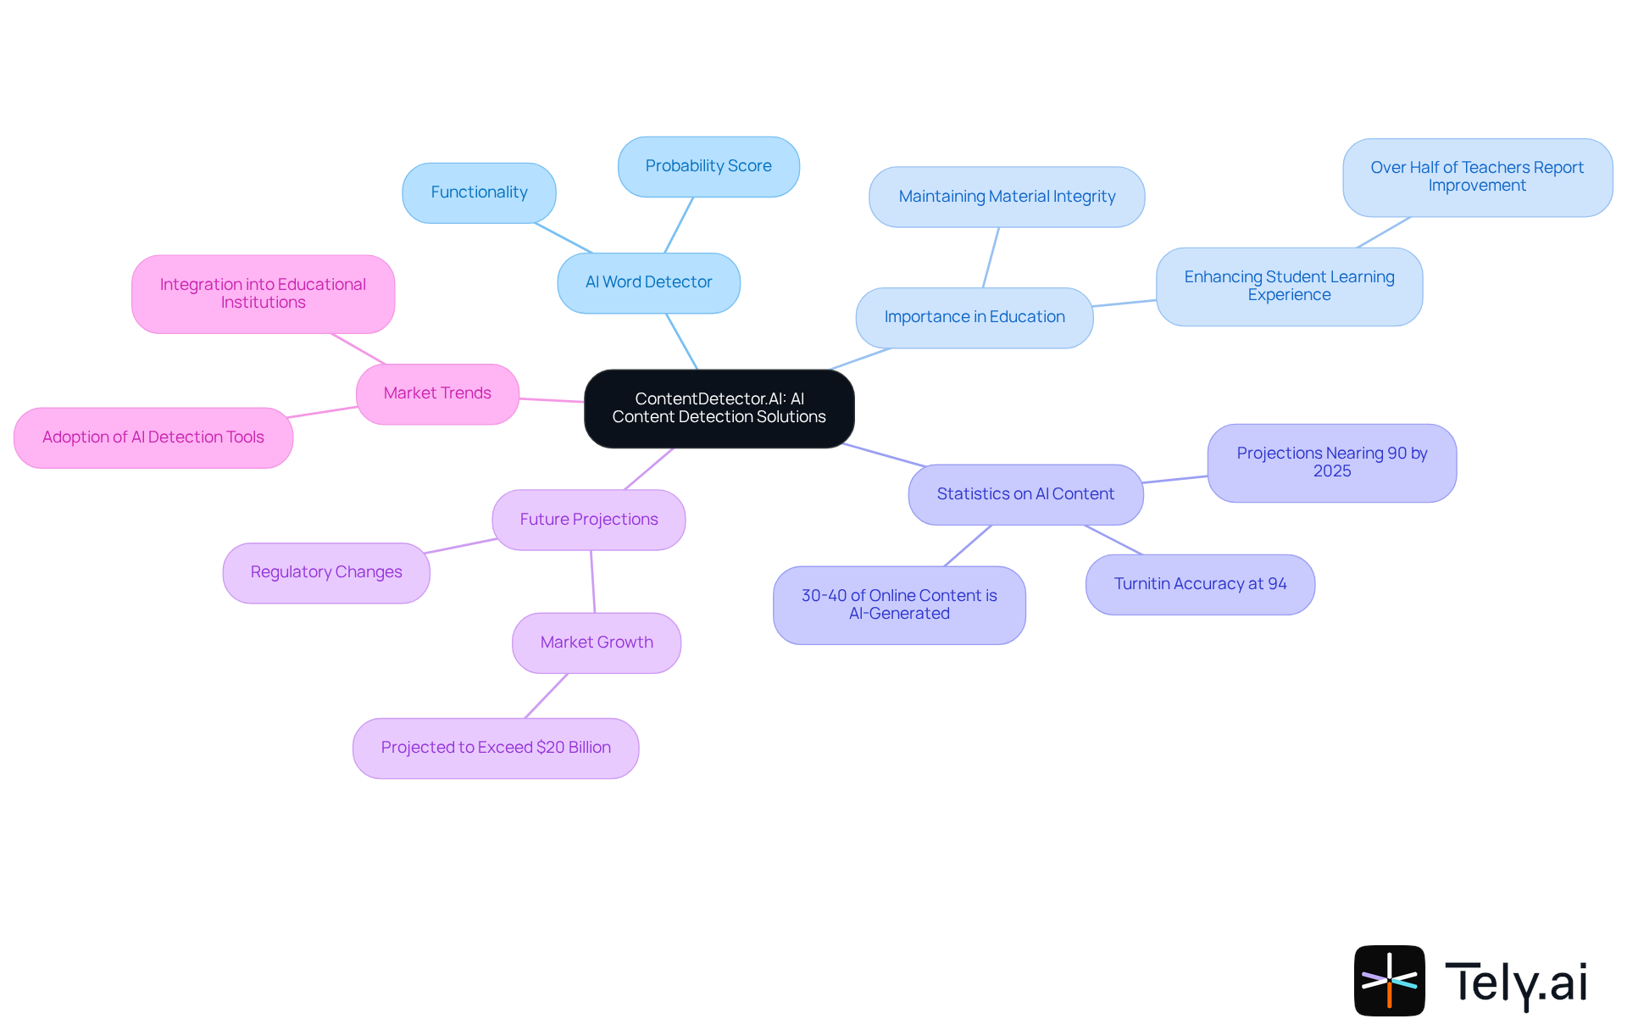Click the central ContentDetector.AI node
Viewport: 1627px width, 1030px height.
pyautogui.click(x=719, y=408)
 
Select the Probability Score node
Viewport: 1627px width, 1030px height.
pyautogui.click(x=708, y=166)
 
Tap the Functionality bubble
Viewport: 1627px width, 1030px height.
pyautogui.click(x=479, y=192)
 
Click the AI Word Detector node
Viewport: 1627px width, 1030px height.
pyautogui.click(x=648, y=282)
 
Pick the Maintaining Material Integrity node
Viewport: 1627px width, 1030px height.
pyautogui.click(x=1007, y=197)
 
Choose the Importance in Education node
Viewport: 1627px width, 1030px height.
pyautogui.click(x=975, y=317)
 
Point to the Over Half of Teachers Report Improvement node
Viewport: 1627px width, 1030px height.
pyautogui.click(x=1477, y=177)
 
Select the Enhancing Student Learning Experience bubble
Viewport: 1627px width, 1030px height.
pyautogui.click(x=1289, y=286)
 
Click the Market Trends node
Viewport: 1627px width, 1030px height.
pyautogui.click(x=437, y=393)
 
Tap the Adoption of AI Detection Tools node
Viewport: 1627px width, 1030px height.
pyautogui.click(x=153, y=437)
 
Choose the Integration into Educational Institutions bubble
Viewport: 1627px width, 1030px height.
pyautogui.click(x=263, y=293)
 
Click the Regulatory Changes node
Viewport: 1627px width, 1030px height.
pyautogui.click(x=326, y=572)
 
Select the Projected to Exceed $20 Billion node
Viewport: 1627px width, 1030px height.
pyautogui.click(x=496, y=748)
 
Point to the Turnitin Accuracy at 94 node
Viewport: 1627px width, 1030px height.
pyautogui.click(x=1200, y=584)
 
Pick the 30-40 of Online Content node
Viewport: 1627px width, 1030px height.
pyautogui.click(x=899, y=604)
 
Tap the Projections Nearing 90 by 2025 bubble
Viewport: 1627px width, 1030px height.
pyautogui.click(x=1331, y=462)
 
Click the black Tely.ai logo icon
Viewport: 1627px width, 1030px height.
pyautogui.click(x=1389, y=980)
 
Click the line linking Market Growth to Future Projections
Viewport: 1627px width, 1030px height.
pyautogui.click(x=592, y=582)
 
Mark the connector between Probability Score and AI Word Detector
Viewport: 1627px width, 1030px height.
pyautogui.click(x=679, y=225)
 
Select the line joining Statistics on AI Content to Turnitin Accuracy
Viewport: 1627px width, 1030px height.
pyautogui.click(x=1113, y=540)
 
